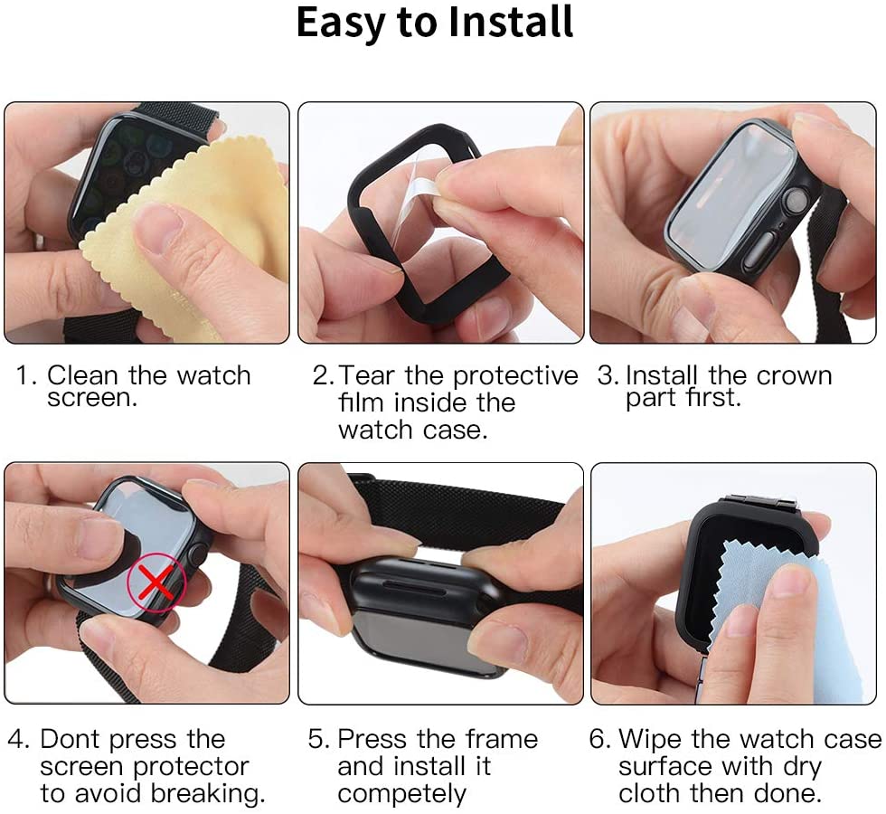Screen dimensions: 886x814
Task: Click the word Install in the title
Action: (511, 23)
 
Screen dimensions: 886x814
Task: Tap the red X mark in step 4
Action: (156, 583)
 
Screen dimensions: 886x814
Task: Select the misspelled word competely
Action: (401, 794)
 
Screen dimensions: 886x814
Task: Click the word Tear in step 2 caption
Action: (367, 375)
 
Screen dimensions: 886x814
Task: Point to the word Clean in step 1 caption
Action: (82, 374)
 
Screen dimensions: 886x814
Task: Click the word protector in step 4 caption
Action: (191, 767)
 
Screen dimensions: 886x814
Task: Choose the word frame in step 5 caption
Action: (502, 739)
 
